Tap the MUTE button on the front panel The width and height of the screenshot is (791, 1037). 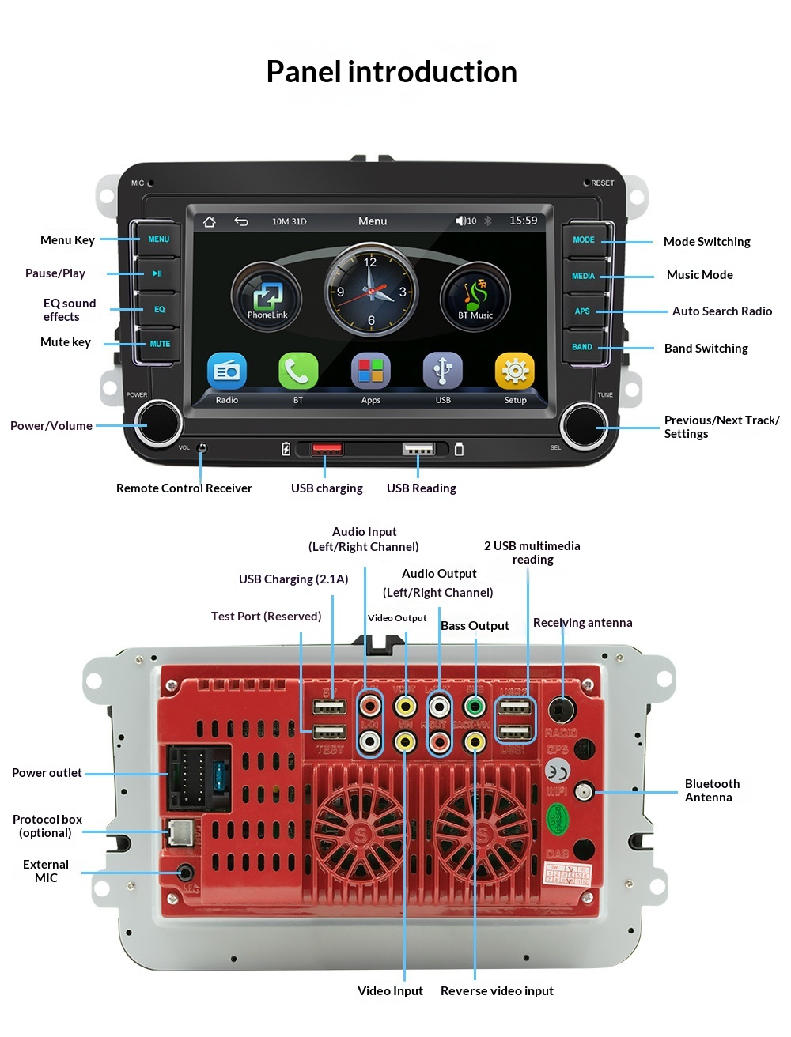tap(159, 344)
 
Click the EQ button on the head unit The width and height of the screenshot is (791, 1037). tap(159, 309)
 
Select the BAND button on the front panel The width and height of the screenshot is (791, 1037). tap(583, 347)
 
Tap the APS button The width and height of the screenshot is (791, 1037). tap(583, 311)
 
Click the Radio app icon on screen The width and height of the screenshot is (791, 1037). tap(227, 371)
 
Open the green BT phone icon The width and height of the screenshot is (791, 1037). tap(298, 371)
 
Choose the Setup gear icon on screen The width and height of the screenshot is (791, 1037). tap(515, 371)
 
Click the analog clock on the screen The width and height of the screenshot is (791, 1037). tap(371, 290)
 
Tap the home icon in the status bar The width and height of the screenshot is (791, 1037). tap(210, 221)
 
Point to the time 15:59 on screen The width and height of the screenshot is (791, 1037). tap(523, 221)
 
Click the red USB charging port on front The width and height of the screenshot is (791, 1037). tap(327, 450)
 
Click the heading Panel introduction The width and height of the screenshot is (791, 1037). tap(392, 72)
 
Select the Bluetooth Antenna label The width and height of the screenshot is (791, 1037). tap(711, 790)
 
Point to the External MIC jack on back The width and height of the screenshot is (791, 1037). tap(186, 873)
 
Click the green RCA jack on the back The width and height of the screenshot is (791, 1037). tap(475, 705)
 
